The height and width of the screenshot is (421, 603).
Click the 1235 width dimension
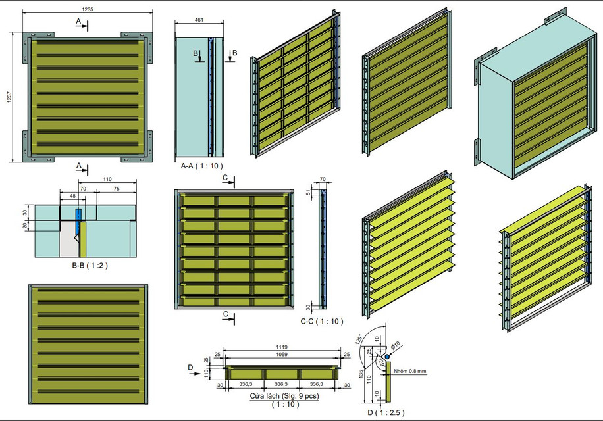tap(88, 9)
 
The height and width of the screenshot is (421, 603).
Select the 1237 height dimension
tap(9, 97)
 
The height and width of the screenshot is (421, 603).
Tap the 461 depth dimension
tap(199, 20)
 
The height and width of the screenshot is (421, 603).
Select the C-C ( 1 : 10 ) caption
tap(321, 322)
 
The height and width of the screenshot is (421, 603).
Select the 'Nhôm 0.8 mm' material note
tap(410, 371)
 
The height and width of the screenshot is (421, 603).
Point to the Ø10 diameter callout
tap(397, 343)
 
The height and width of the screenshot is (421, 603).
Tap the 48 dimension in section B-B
tap(71, 195)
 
